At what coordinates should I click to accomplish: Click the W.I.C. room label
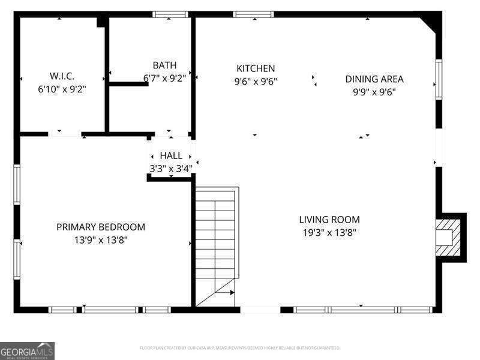(62, 76)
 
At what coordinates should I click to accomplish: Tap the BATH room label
(164, 65)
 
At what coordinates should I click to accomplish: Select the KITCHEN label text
(256, 68)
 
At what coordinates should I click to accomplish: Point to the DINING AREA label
(374, 79)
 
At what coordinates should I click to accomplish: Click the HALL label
(171, 156)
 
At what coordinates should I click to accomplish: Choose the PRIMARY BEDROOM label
(101, 227)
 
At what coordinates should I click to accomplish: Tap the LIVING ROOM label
(329, 220)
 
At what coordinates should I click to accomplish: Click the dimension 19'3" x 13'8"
(329, 232)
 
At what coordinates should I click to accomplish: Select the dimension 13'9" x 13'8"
(101, 239)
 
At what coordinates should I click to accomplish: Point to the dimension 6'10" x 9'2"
(62, 89)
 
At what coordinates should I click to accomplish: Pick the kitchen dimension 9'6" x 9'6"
(256, 81)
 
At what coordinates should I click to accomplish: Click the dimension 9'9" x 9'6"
(374, 92)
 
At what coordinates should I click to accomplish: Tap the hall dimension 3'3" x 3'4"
(171, 169)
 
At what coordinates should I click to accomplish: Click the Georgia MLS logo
(27, 350)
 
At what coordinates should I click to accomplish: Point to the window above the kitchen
(253, 14)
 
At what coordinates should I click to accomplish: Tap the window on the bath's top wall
(170, 14)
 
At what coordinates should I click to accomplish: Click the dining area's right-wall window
(439, 79)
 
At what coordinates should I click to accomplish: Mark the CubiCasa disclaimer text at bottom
(240, 348)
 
